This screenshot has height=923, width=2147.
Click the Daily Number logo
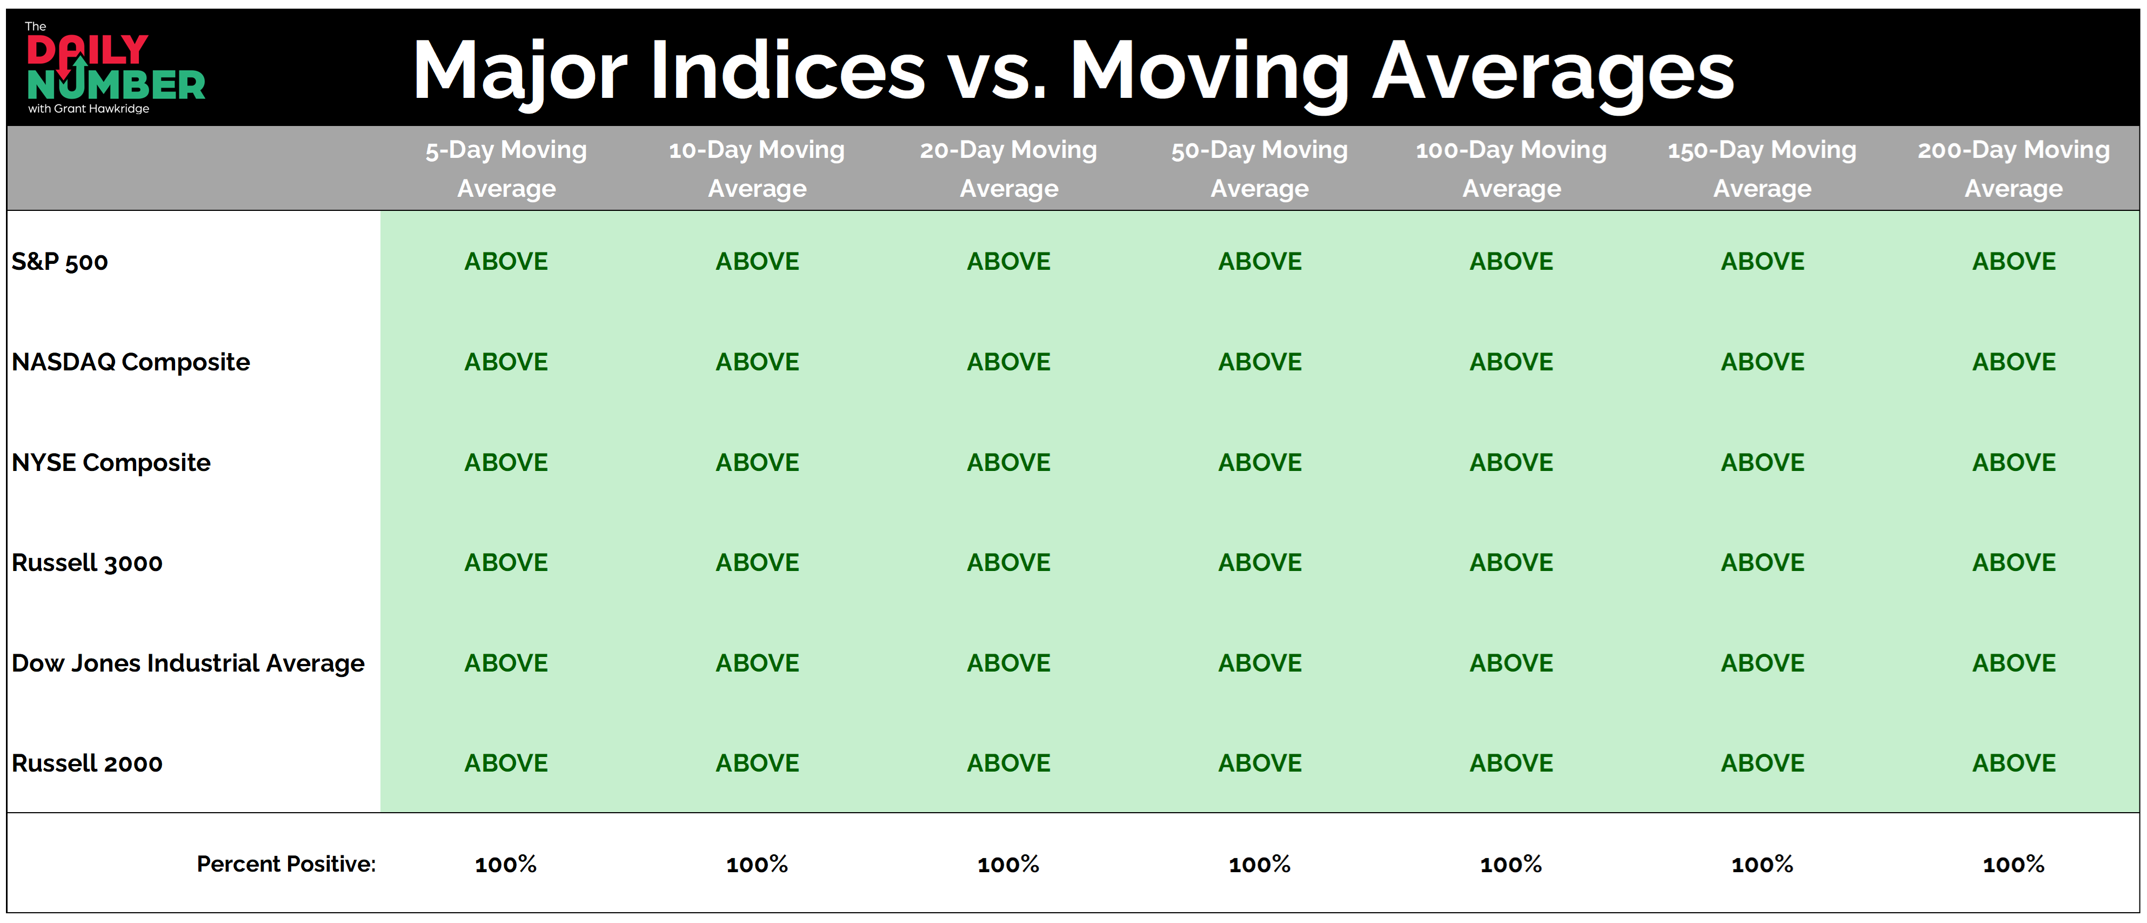click(x=115, y=68)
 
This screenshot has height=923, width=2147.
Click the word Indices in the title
click(x=787, y=71)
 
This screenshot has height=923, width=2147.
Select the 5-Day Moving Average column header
click(x=506, y=168)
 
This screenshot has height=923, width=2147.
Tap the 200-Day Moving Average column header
click(x=2014, y=168)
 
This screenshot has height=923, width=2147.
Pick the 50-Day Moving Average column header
click(x=1259, y=168)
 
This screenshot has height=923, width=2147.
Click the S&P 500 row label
click(x=60, y=262)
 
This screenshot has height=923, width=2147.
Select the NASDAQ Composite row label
click(x=131, y=362)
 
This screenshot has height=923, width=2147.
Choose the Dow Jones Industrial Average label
click(x=189, y=663)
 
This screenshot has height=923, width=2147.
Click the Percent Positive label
click(x=286, y=864)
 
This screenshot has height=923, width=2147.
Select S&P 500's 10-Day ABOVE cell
click(x=757, y=262)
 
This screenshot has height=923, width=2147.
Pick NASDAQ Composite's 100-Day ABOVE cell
click(x=1511, y=362)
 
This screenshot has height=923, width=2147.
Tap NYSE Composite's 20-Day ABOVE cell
click(x=1008, y=463)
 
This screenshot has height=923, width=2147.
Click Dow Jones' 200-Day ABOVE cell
click(x=2014, y=663)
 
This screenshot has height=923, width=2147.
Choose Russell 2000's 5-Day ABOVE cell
click(x=506, y=763)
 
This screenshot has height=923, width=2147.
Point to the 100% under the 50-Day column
click(x=1259, y=864)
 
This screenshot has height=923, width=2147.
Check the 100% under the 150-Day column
click(x=1762, y=864)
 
